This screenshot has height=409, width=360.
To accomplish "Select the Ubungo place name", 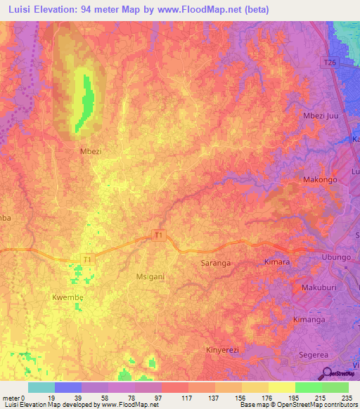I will coord(335,258).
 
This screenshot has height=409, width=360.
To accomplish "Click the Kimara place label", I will coord(276,261).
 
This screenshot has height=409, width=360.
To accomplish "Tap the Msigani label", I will coord(150,277).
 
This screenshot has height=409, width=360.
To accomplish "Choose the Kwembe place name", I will coord(68,298).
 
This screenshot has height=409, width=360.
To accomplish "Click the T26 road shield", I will coord(330,62).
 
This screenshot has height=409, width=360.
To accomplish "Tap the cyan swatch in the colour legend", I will coord(41,387).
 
